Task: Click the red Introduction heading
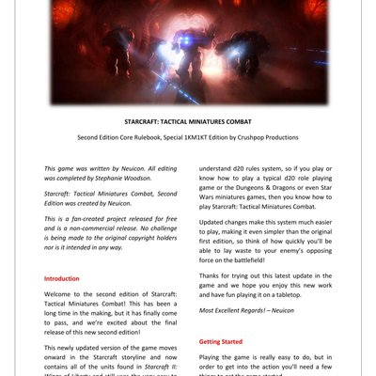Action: click(x=62, y=278)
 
